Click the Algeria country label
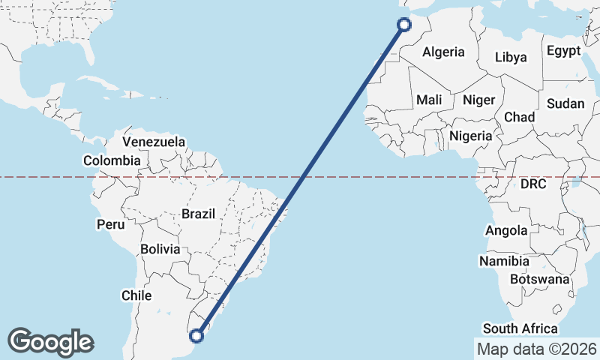[x=443, y=52]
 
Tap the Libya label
[x=511, y=57]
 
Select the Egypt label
[x=563, y=51]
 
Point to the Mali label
[x=429, y=100]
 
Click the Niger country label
[x=478, y=100]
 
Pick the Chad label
[x=519, y=117]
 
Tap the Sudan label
[x=565, y=103]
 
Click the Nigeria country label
[x=470, y=136]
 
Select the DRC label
[x=533, y=184]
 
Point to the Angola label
[x=506, y=231]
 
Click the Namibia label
[x=505, y=262]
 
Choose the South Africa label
[x=520, y=328]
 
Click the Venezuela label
[x=154, y=142]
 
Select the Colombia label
[x=112, y=160]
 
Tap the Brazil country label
[x=198, y=214]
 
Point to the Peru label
[x=109, y=224]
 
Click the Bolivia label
[x=160, y=249]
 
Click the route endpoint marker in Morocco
[x=403, y=25]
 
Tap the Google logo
[x=51, y=342]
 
